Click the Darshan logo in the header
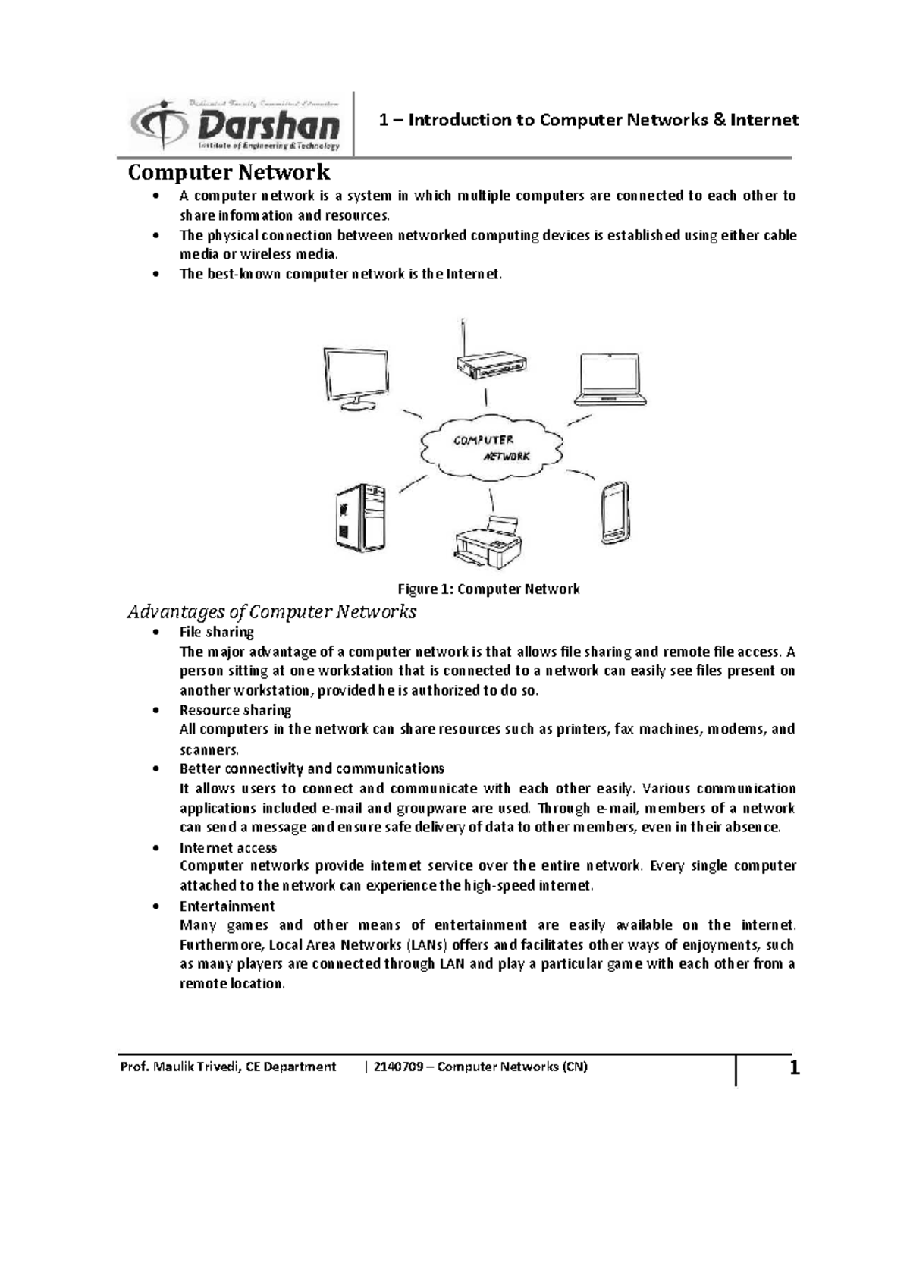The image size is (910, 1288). pyautogui.click(x=235, y=124)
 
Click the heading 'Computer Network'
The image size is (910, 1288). pyautogui.click(x=228, y=172)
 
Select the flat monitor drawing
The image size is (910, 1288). pyautogui.click(x=355, y=379)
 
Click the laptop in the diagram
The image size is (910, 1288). pyautogui.click(x=610, y=379)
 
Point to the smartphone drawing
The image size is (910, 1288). pyautogui.click(x=614, y=513)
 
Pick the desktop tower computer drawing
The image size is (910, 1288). pyautogui.click(x=360, y=519)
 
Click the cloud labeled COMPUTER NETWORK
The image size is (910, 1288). pyautogui.click(x=491, y=448)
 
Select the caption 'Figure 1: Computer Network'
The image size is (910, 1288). pyautogui.click(x=489, y=589)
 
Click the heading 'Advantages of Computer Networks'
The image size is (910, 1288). pyautogui.click(x=271, y=611)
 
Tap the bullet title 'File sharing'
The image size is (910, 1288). pyautogui.click(x=216, y=632)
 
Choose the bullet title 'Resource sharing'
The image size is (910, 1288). pyautogui.click(x=235, y=710)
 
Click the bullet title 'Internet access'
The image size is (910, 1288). pyautogui.click(x=227, y=847)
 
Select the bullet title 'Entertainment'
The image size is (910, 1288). pyautogui.click(x=227, y=906)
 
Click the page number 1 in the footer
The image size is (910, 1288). pyautogui.click(x=794, y=1069)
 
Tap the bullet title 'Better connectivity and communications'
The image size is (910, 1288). pyautogui.click(x=311, y=768)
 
